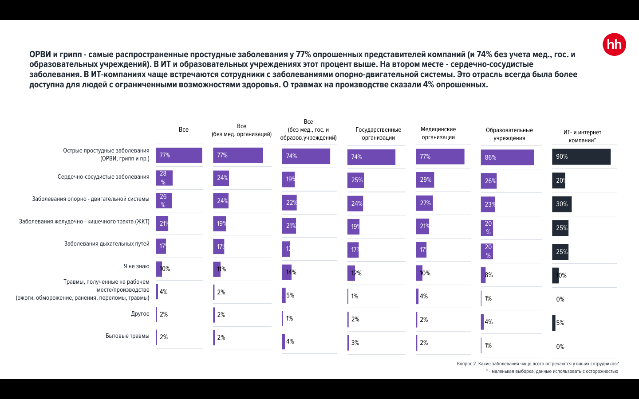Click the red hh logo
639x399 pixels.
614,44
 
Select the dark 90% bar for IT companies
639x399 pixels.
581,156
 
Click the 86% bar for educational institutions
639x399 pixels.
507,157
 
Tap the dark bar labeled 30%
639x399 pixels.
562,204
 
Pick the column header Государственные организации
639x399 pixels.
378,133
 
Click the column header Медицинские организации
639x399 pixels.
438,133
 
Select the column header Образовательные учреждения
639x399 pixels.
509,134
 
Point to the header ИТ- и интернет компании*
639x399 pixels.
582,136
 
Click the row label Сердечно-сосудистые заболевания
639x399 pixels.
103,177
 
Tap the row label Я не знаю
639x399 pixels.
136,266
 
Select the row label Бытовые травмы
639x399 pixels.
127,336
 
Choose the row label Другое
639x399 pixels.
140,314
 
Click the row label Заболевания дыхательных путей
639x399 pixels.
106,244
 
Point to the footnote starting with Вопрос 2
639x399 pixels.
537,364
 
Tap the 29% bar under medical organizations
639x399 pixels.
425,180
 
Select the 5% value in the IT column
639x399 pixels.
560,323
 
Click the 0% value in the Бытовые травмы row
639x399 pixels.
560,347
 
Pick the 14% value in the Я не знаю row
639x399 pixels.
291,272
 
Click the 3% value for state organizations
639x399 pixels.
355,343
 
